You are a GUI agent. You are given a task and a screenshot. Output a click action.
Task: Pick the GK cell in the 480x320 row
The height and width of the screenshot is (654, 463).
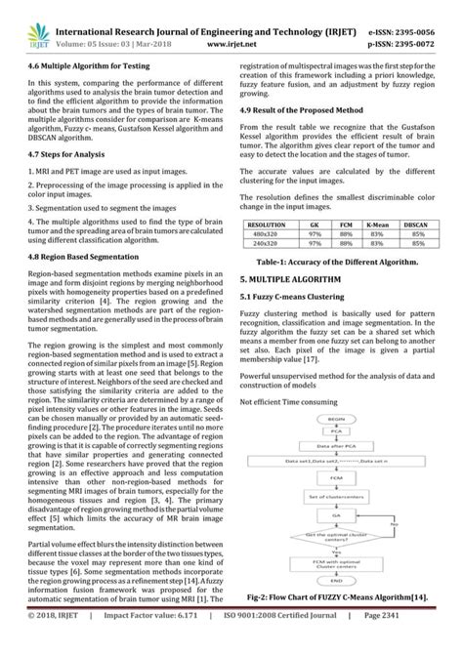point(316,234)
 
